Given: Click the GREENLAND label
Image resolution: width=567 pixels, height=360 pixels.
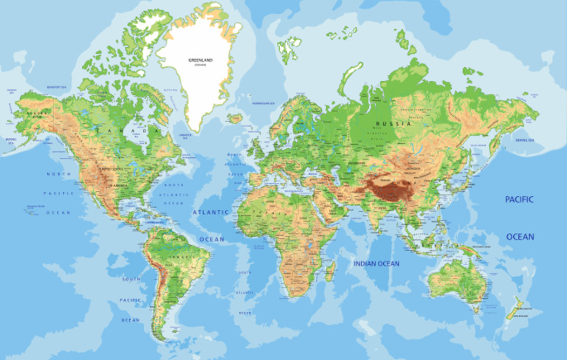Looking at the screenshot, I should click(x=200, y=59).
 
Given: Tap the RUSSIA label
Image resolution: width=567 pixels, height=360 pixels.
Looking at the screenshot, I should click(x=391, y=124).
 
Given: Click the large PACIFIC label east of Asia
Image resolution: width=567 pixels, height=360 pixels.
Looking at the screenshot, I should click(x=519, y=200).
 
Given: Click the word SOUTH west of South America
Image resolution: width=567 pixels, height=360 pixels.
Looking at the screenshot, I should click(x=131, y=280).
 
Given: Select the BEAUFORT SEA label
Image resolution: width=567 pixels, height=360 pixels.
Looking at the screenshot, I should click(x=57, y=88).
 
